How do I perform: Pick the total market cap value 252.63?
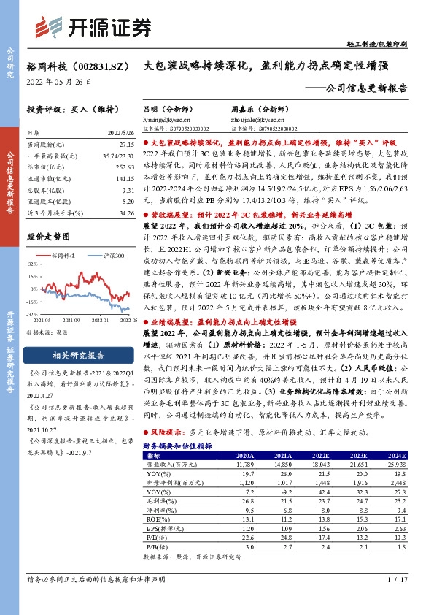[125, 167]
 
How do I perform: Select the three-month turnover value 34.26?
[125, 213]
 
